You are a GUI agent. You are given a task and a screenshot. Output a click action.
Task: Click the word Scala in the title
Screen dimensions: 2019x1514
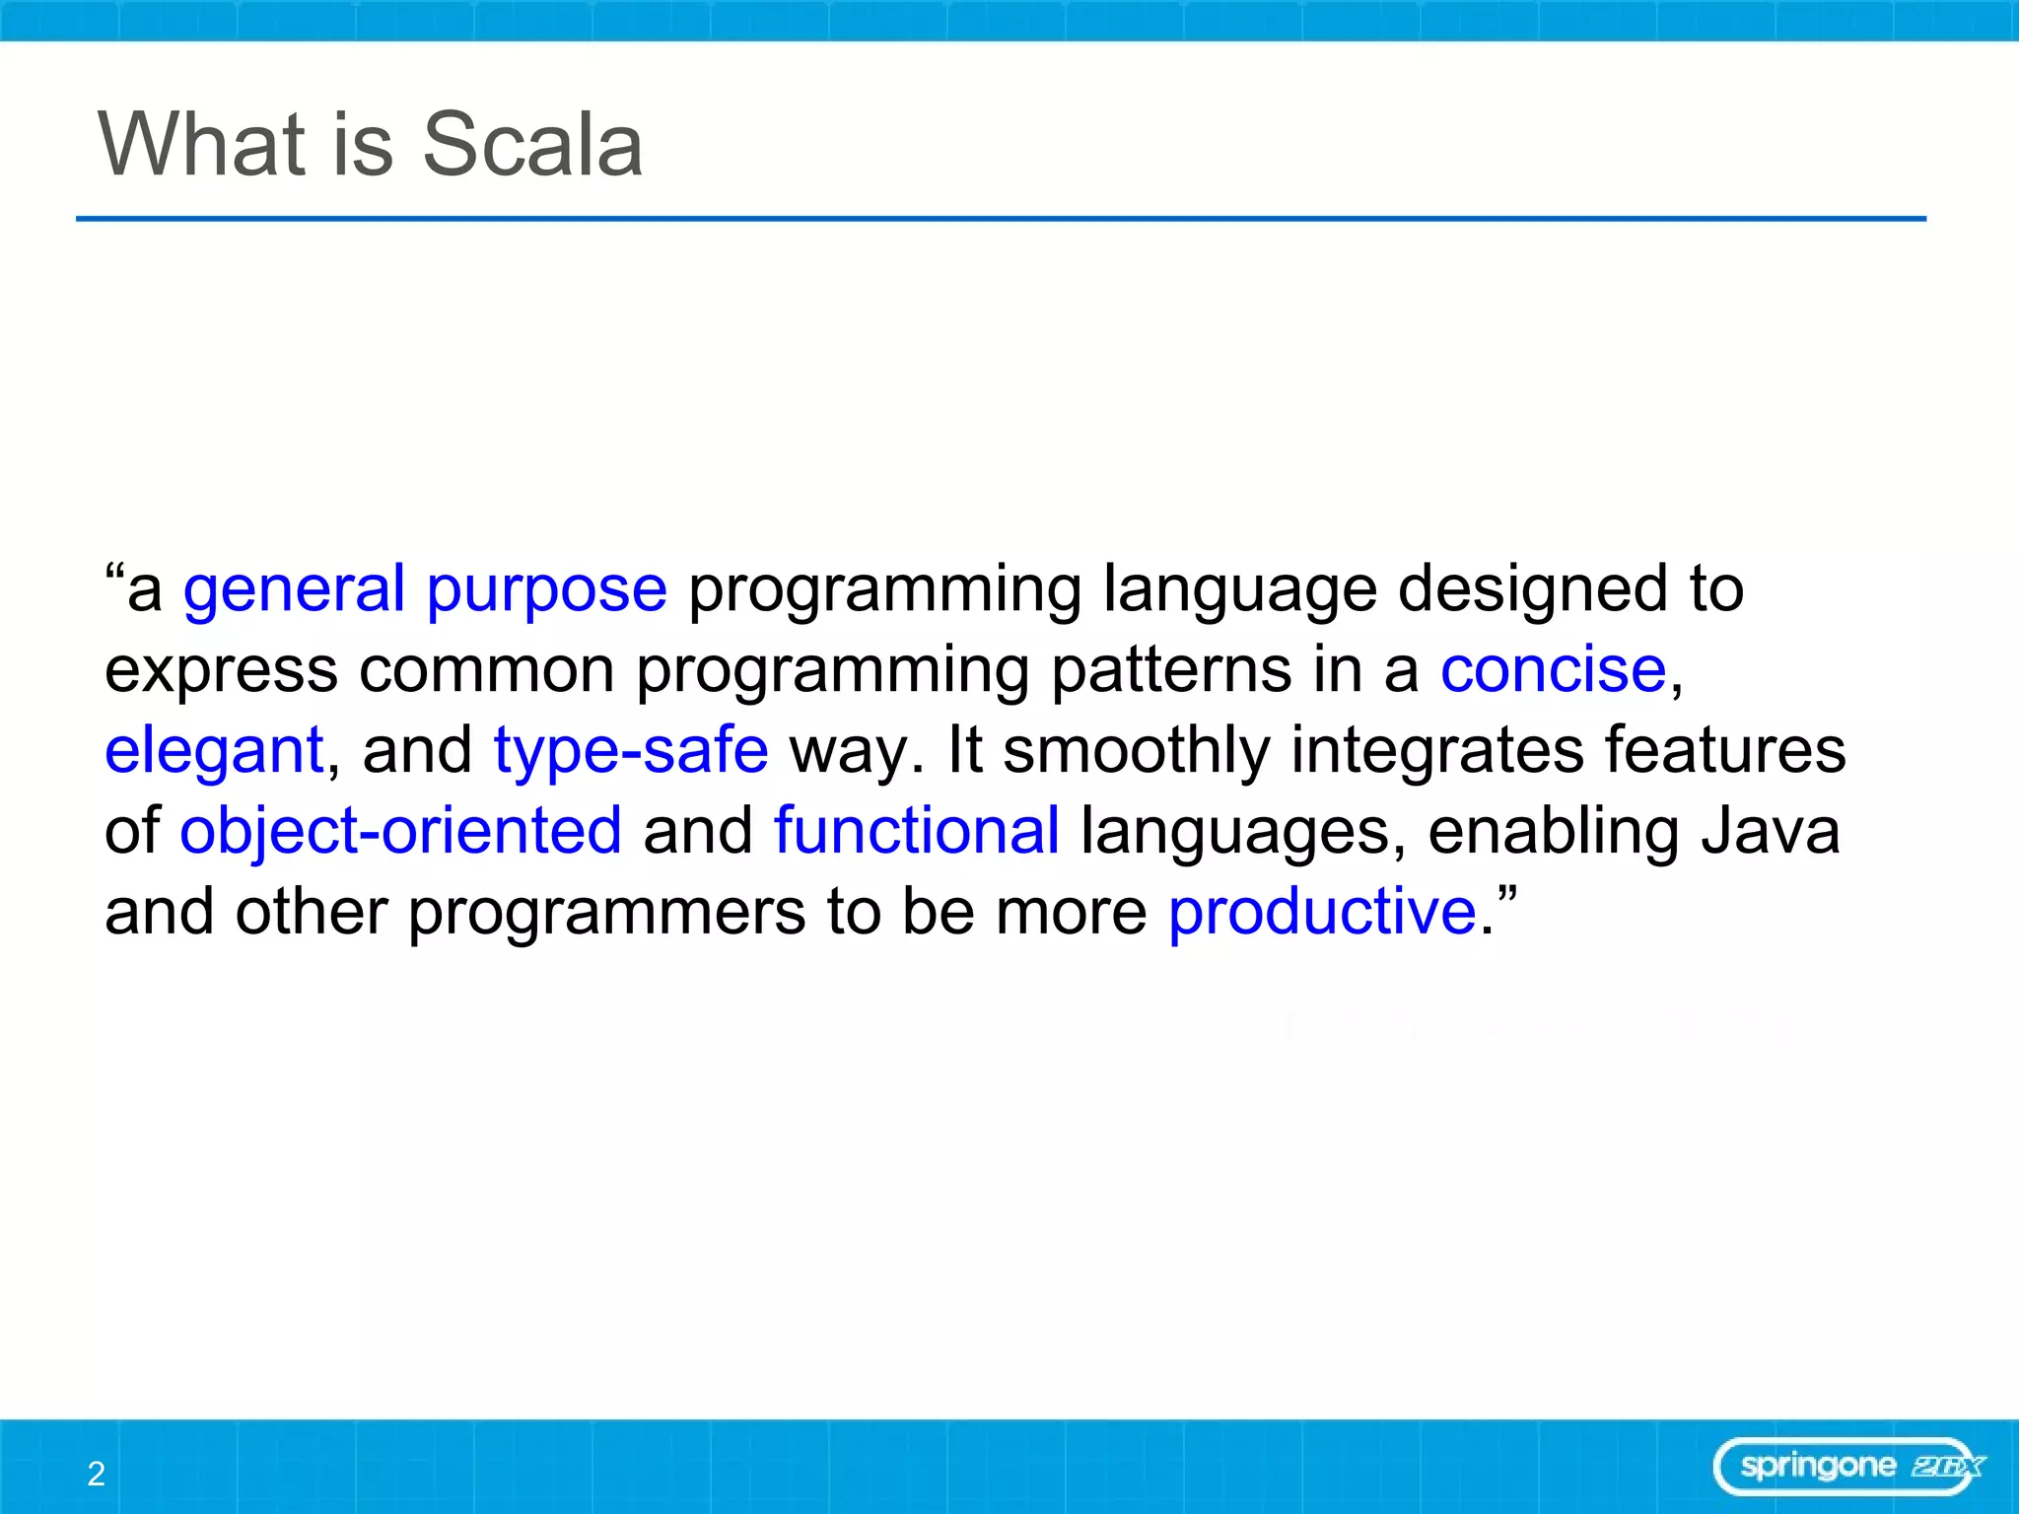coord(532,144)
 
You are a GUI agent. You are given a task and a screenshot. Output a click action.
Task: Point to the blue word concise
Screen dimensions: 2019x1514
coord(1554,670)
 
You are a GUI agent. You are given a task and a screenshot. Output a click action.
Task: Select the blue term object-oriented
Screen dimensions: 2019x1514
coord(401,832)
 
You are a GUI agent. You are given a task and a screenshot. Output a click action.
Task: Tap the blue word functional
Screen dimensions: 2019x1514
coord(917,830)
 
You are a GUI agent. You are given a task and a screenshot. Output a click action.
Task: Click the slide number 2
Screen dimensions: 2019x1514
coord(96,1474)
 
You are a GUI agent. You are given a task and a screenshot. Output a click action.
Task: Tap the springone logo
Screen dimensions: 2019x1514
coord(1849,1467)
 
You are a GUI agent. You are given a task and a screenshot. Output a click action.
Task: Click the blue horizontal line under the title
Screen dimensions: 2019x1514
coord(1001,219)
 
